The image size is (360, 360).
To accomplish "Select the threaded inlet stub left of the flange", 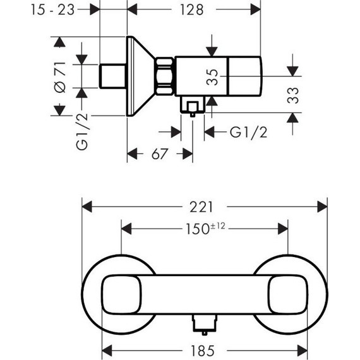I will [114, 76].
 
